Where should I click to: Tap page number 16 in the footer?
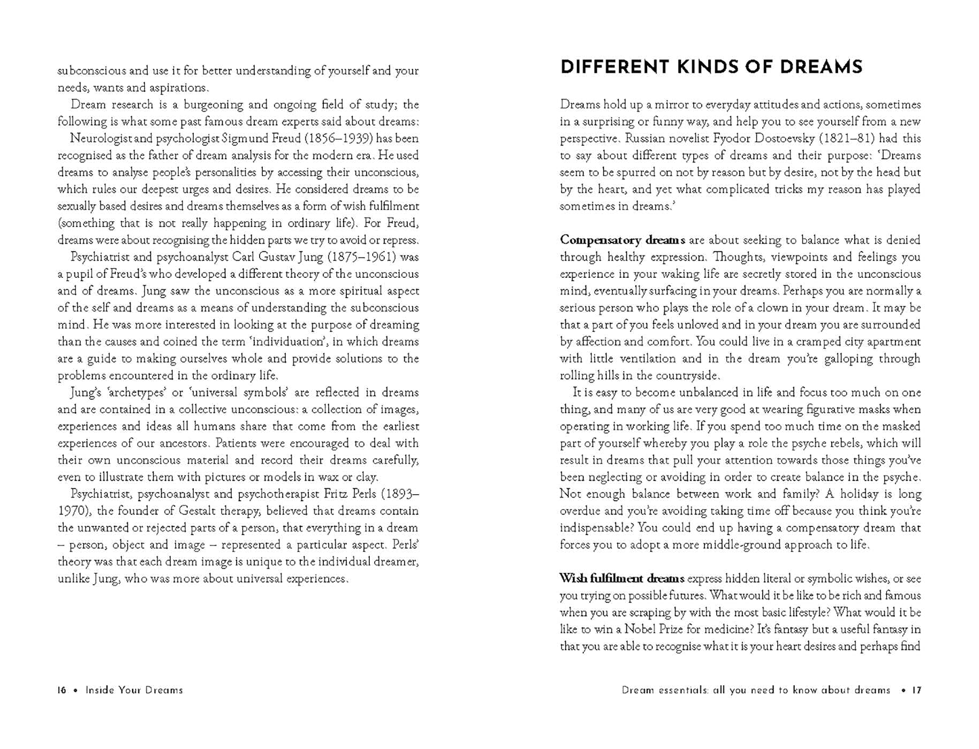point(62,690)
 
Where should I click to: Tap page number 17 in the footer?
point(916,690)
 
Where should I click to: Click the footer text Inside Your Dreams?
point(134,690)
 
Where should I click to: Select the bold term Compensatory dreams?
point(623,240)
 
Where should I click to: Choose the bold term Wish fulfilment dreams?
point(622,579)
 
